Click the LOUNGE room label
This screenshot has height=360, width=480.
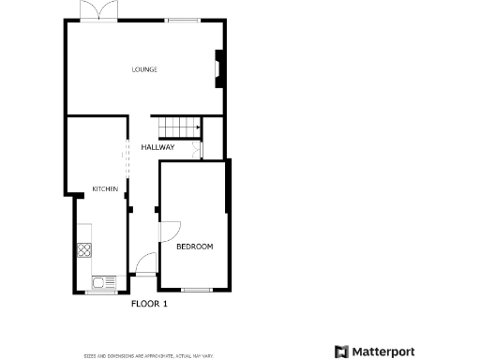click(143, 69)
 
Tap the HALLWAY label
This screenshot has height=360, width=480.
click(157, 147)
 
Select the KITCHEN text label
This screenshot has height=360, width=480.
click(105, 190)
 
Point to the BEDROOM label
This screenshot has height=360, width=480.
click(194, 247)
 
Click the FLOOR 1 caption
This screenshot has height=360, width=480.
click(148, 304)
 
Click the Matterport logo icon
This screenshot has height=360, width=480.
click(341, 352)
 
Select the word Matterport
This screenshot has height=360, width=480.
click(384, 352)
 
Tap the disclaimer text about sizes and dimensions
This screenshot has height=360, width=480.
click(149, 355)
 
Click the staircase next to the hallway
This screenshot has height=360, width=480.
click(179, 127)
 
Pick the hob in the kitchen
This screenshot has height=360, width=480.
click(84, 250)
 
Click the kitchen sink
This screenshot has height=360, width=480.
click(100, 280)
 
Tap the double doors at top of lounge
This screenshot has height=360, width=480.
click(98, 12)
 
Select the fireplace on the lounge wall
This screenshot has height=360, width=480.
click(218, 68)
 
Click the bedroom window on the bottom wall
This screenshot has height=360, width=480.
click(195, 290)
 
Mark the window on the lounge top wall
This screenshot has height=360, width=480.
click(182, 20)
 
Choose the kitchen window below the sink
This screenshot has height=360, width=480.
click(100, 292)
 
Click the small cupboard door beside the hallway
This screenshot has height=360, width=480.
click(196, 150)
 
